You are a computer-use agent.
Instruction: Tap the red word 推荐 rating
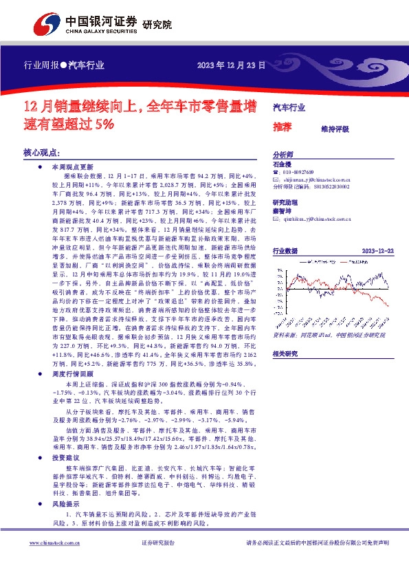point(282,127)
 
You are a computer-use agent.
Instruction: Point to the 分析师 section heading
point(283,155)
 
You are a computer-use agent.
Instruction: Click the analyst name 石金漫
point(282,165)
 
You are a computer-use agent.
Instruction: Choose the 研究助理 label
point(285,202)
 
